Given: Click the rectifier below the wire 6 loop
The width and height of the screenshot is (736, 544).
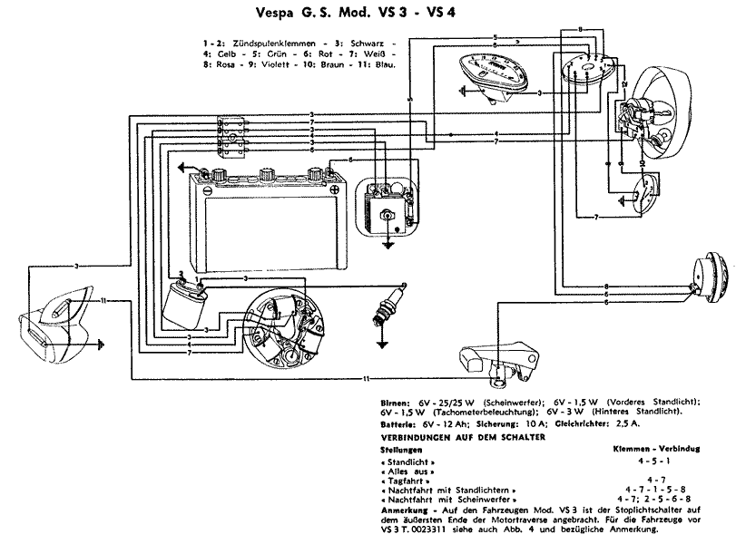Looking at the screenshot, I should click(x=388, y=208).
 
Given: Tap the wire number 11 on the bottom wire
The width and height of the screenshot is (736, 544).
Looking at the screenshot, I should click(x=366, y=376).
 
